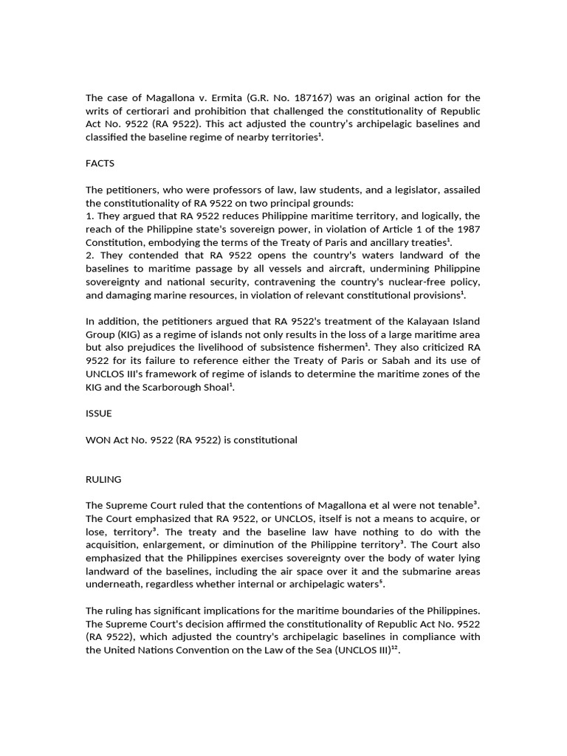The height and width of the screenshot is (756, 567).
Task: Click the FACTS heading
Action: tap(100, 163)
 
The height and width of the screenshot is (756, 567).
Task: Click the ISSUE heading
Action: tap(98, 414)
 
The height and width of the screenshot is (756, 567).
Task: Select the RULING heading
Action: tap(103, 479)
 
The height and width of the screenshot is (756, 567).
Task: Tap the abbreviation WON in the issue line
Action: tap(98, 440)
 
